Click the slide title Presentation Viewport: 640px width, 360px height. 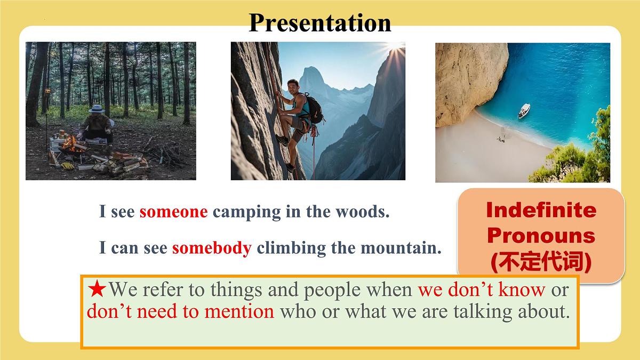(319, 23)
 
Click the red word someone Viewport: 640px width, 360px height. (173, 212)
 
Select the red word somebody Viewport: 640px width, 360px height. (212, 247)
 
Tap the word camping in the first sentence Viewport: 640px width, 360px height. (247, 213)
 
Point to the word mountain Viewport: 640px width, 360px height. (401, 247)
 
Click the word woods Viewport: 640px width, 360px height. (363, 212)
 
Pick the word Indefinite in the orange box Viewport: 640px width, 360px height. (541, 210)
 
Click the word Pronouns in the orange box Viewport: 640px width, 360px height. (541, 236)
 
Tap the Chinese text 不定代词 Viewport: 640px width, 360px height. (541, 261)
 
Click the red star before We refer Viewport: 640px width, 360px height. (97, 289)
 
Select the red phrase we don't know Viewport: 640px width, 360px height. (482, 290)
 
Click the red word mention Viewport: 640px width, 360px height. (239, 311)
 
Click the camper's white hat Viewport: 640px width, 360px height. (97, 109)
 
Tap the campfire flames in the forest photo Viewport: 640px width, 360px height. (70, 143)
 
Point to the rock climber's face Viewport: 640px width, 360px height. (292, 86)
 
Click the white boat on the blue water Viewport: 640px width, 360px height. (524, 111)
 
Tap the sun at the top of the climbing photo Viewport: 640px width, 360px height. (396, 46)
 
